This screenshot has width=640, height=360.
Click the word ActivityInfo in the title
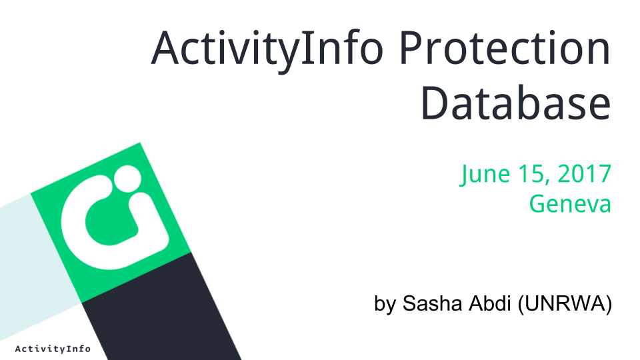267,49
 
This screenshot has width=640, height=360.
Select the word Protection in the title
505,48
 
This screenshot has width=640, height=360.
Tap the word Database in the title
516,103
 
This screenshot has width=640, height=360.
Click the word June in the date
485,174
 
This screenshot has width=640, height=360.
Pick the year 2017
584,173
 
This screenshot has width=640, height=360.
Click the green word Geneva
570,203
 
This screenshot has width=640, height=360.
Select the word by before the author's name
385,304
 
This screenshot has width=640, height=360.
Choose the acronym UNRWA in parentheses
565,303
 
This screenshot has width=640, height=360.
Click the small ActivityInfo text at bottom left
53,349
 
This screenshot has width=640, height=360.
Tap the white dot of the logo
127,179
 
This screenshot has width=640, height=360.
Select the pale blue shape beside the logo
37,265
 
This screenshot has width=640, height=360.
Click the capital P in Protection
412,48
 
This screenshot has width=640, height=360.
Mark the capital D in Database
435,103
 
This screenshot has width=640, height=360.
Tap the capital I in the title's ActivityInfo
304,48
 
